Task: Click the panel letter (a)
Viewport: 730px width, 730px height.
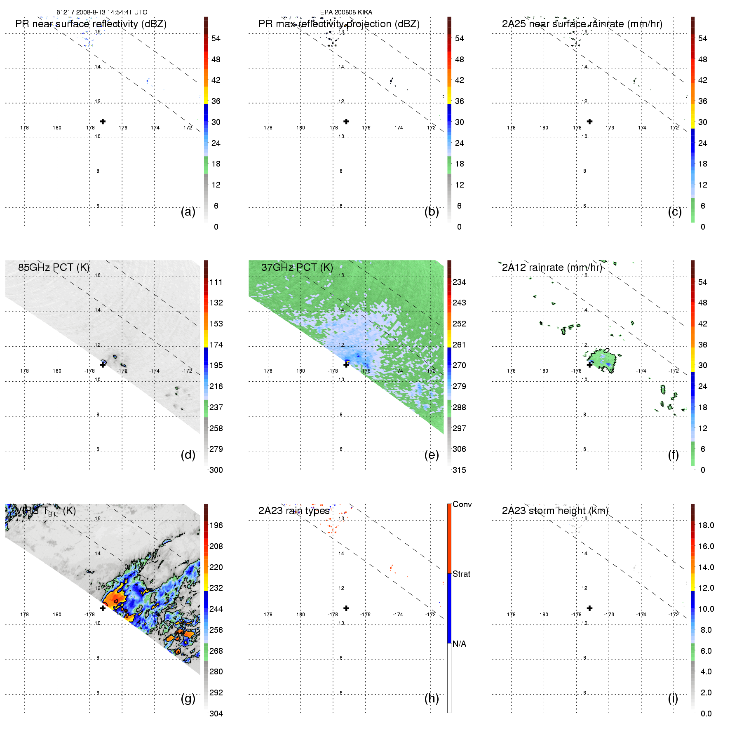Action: click(x=188, y=212)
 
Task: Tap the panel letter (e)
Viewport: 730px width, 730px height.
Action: click(x=431, y=455)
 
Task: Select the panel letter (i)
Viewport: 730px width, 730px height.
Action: click(x=673, y=698)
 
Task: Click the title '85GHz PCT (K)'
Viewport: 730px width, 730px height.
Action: click(x=54, y=267)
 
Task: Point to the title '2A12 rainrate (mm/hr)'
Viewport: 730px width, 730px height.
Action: click(x=552, y=267)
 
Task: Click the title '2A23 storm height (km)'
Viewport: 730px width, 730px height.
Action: click(x=555, y=511)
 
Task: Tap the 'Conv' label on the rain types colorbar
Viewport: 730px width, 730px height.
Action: click(x=462, y=504)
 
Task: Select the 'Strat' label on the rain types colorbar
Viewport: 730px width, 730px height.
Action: click(x=461, y=574)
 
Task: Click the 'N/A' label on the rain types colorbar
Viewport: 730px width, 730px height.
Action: click(x=459, y=644)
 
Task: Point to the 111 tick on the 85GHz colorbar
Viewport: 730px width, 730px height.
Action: click(x=216, y=282)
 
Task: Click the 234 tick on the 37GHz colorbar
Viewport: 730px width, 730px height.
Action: click(x=459, y=282)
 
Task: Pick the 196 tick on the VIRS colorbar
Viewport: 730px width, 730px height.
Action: click(x=216, y=525)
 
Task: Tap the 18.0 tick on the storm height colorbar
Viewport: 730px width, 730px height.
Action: click(x=706, y=525)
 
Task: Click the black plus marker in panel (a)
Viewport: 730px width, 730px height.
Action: click(x=103, y=121)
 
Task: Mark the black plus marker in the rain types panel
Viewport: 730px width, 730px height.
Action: click(x=346, y=608)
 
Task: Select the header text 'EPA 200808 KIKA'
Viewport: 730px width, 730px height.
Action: click(x=346, y=12)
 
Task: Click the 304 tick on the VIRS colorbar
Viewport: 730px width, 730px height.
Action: click(x=216, y=714)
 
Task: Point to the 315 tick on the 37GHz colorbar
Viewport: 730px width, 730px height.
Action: click(x=459, y=470)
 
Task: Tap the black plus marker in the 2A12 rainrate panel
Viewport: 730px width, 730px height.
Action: click(x=589, y=365)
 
